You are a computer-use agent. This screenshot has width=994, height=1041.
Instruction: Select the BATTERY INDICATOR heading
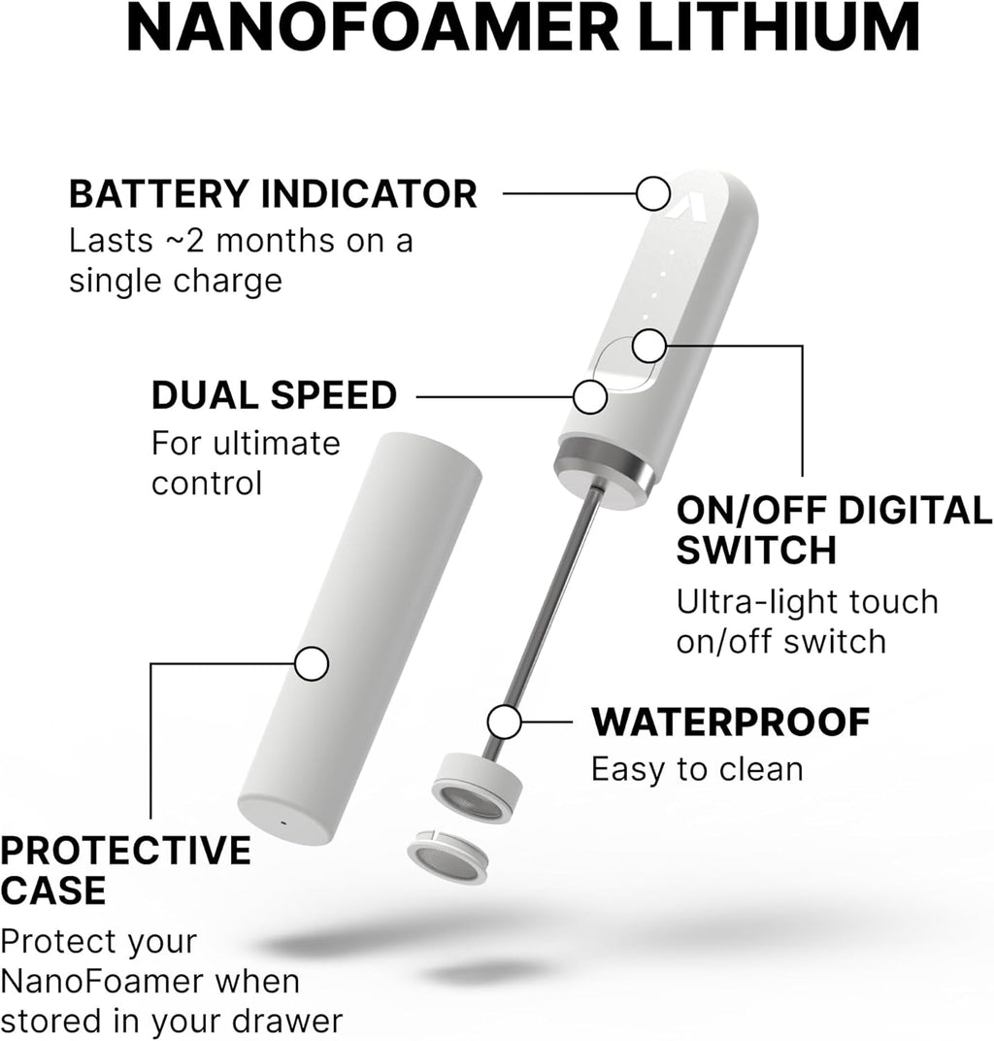pos(273,194)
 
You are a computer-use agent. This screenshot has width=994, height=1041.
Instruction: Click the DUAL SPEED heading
pos(274,396)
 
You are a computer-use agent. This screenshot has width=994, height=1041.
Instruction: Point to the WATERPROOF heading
pos(730,722)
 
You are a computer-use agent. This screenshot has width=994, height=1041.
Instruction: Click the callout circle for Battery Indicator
pos(653,193)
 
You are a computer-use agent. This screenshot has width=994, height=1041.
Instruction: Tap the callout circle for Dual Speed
pos(590,396)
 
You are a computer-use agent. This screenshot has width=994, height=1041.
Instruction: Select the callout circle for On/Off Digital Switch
pos(648,345)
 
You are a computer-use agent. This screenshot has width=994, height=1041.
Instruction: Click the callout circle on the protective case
pos(312,664)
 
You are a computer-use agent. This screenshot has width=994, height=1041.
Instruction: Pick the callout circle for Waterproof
pos(505,722)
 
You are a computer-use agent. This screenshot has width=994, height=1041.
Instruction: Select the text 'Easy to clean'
pos(697,769)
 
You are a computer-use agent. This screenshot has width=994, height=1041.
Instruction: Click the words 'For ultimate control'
pos(246,462)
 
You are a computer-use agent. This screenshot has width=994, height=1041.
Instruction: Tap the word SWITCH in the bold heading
pos(756,551)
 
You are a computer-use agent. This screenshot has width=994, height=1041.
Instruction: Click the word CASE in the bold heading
pos(53,890)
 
